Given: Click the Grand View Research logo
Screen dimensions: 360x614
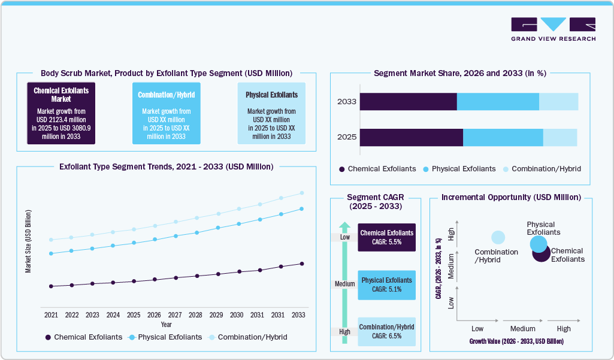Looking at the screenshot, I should (x=553, y=29).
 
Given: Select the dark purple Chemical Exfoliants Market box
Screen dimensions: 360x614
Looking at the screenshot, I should (x=61, y=113).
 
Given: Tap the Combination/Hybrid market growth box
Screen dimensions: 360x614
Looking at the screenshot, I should (x=166, y=113).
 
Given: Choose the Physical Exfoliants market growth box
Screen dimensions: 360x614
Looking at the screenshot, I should (x=271, y=113).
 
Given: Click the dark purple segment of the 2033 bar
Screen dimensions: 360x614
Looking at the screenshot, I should (x=408, y=102).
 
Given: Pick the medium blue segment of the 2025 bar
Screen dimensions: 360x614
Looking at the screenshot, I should (x=503, y=137).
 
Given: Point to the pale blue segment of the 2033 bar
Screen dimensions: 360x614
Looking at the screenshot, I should (x=558, y=102).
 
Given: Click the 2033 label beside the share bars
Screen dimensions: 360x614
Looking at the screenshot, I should (x=346, y=102).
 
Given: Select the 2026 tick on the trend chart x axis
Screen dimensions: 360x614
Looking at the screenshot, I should (x=154, y=314).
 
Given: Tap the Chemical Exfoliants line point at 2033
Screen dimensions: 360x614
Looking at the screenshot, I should (x=301, y=264).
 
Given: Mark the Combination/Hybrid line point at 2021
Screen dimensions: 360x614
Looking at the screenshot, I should (x=51, y=240).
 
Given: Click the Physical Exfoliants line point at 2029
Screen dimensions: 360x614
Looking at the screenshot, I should (x=218, y=228).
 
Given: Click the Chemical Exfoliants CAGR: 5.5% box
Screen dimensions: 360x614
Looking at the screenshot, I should (x=386, y=237).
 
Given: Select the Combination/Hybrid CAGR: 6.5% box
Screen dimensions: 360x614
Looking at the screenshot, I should (x=386, y=331).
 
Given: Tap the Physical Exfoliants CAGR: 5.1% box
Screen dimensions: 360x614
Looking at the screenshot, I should (x=386, y=285).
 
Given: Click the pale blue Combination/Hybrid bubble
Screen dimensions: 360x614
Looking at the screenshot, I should (x=498, y=238).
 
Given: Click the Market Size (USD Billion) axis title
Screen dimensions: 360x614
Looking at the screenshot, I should (x=28, y=241).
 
